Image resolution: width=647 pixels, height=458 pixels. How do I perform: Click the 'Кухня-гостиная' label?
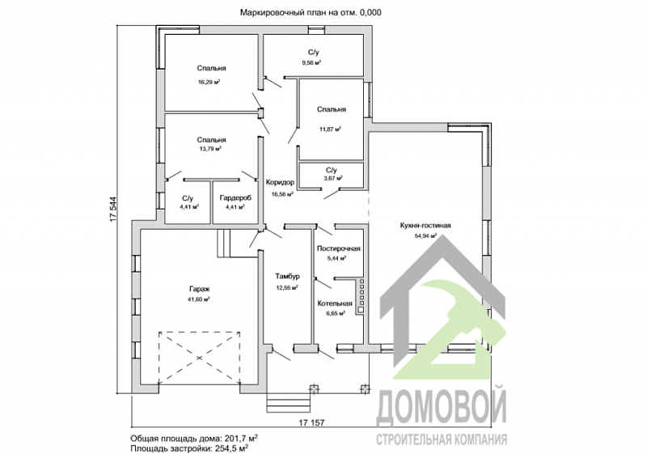(425, 226)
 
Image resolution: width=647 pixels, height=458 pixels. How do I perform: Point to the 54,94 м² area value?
(425, 236)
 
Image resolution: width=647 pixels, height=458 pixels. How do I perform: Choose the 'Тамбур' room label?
(288, 276)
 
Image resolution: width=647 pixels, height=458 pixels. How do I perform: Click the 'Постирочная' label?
(338, 249)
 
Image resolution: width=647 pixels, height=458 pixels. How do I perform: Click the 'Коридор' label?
(280, 183)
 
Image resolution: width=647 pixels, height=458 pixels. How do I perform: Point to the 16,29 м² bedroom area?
(210, 82)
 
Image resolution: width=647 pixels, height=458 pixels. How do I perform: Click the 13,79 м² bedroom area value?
(210, 149)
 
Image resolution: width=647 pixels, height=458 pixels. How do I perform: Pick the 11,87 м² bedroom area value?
(331, 129)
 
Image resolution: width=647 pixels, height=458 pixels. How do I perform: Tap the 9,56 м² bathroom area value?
(312, 62)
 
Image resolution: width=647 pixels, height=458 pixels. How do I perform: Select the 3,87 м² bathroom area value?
(332, 178)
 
